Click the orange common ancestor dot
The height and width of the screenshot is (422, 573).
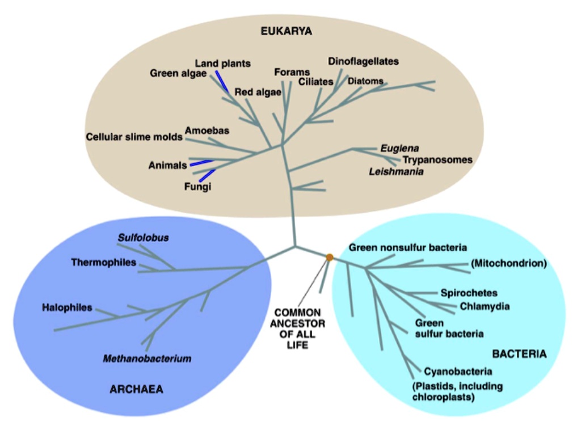click(x=330, y=258)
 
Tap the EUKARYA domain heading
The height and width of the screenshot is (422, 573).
click(x=286, y=31)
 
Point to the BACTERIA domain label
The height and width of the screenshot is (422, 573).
click(x=519, y=354)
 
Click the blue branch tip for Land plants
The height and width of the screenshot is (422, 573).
click(x=222, y=81)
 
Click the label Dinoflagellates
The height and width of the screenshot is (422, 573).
click(x=364, y=61)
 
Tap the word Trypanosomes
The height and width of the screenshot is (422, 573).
click(x=437, y=159)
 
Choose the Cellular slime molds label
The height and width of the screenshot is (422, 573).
click(x=134, y=137)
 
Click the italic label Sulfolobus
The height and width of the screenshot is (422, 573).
click(x=144, y=237)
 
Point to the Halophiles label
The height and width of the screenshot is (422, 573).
click(x=67, y=307)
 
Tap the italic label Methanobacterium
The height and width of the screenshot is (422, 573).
click(x=147, y=358)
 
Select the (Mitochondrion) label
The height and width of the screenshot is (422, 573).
click(x=508, y=263)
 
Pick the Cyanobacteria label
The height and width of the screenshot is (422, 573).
click(x=458, y=372)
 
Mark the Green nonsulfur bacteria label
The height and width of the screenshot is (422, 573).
click(x=408, y=247)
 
